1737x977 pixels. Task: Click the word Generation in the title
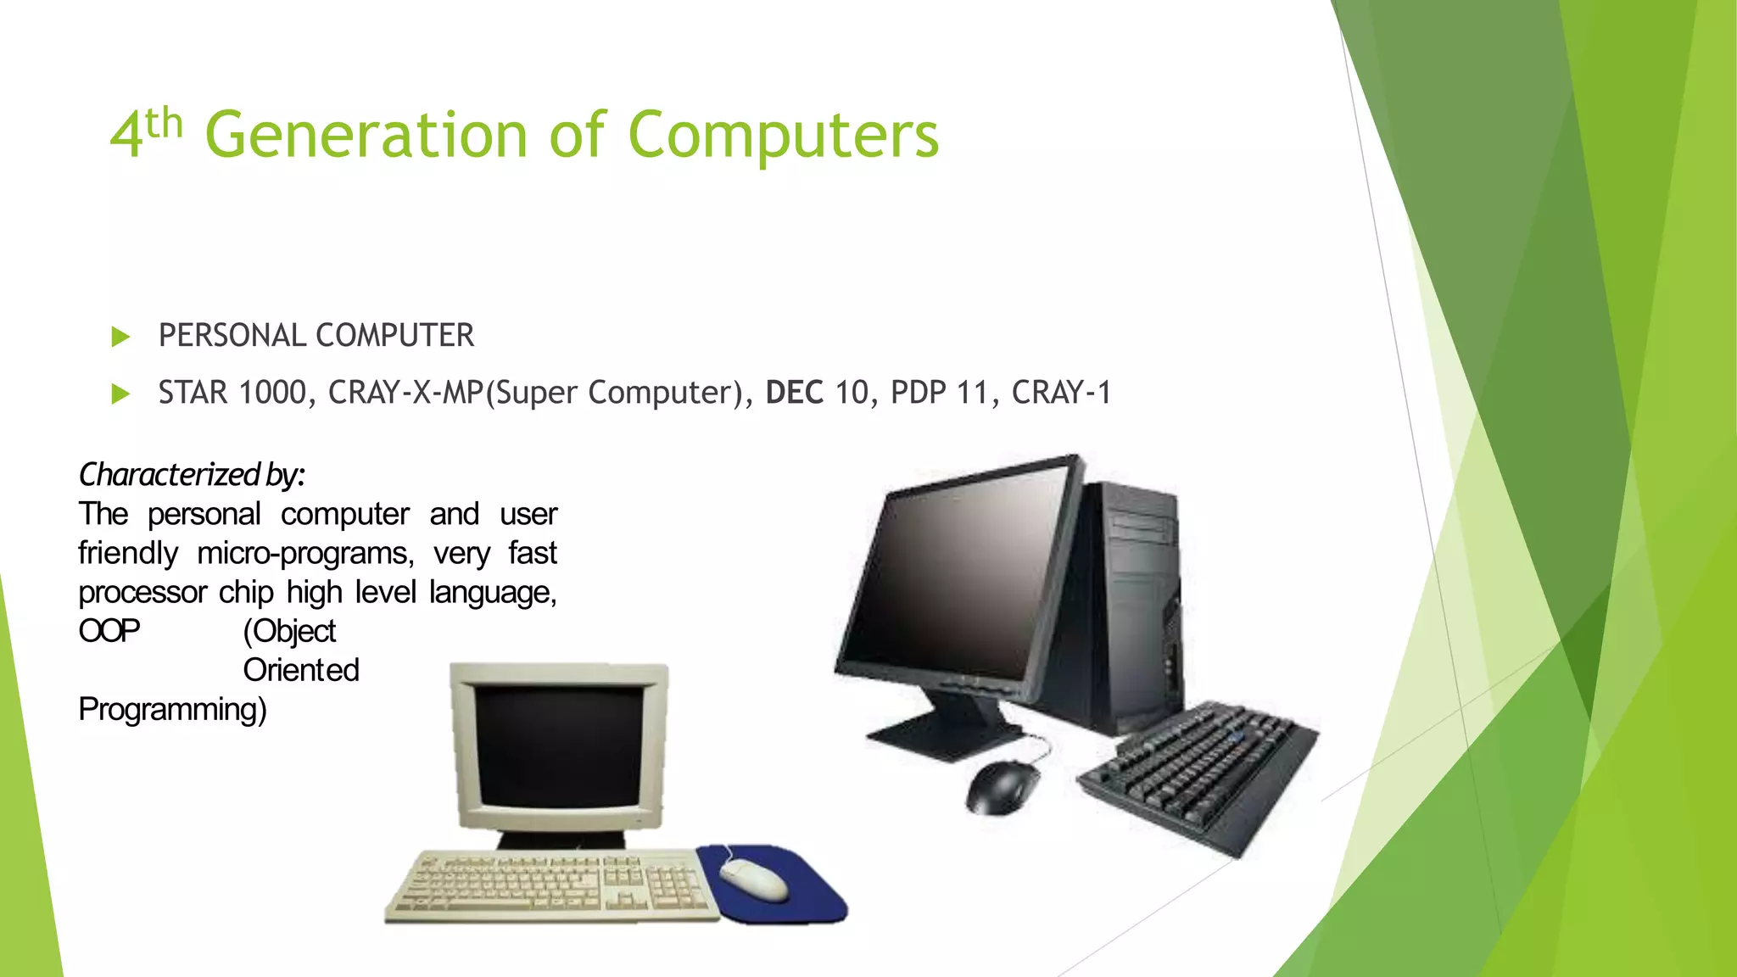pyautogui.click(x=366, y=136)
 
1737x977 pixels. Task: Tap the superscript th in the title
pyautogui.click(x=164, y=125)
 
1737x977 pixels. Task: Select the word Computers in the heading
pyautogui.click(x=783, y=136)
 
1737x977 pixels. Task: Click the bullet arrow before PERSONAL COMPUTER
pyautogui.click(x=120, y=338)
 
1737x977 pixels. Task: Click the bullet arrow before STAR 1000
pyautogui.click(x=120, y=394)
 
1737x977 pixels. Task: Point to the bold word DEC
pyautogui.click(x=794, y=393)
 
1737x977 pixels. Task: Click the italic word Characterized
pyautogui.click(x=169, y=475)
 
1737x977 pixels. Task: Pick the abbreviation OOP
pyautogui.click(x=109, y=632)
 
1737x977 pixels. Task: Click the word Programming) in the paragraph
pyautogui.click(x=172, y=710)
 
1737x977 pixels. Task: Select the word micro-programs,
pyautogui.click(x=305, y=554)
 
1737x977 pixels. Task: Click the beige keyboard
pyautogui.click(x=551, y=886)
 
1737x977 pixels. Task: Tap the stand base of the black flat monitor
pyautogui.click(x=941, y=734)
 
